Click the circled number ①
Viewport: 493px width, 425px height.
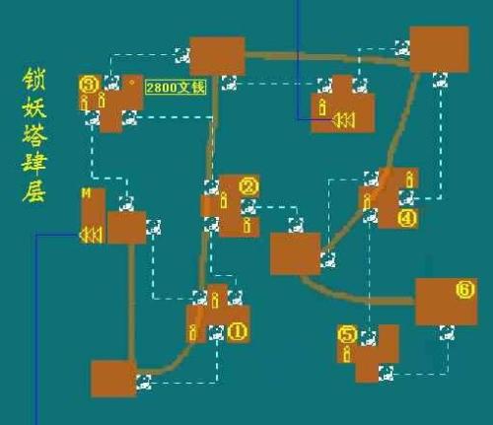237,332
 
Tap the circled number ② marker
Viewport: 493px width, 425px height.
247,185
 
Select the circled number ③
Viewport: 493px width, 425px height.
89,84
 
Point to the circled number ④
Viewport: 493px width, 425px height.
407,219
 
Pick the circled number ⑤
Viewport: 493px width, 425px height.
346,334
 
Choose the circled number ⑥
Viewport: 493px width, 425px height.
465,290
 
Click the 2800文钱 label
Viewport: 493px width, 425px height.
176,88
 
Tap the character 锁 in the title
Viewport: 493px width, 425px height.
35,80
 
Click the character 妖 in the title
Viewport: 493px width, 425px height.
35,107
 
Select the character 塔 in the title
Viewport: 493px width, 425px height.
35,135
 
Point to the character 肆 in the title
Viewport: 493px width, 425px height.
35,163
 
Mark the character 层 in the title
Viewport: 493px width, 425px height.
35,190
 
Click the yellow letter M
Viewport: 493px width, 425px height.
86,193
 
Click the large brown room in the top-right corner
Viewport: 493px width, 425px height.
439,47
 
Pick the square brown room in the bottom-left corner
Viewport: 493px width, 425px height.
112,380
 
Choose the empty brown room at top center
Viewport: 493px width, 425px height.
217,55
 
